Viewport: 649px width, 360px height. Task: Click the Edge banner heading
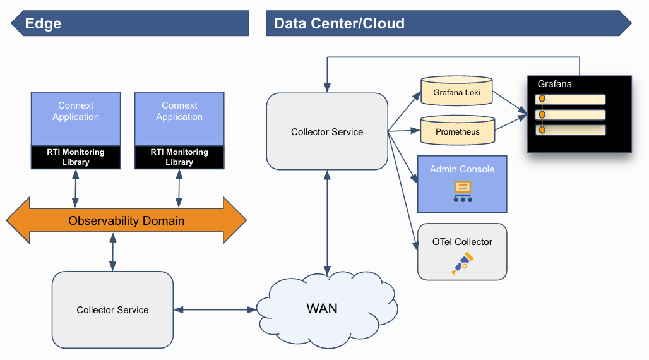[x=44, y=24]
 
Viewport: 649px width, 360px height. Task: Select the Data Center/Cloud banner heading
[x=339, y=24]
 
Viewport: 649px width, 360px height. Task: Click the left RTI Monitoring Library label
[x=76, y=157]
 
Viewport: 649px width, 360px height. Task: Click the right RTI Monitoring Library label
[x=179, y=157]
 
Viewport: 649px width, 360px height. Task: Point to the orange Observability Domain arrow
[x=126, y=220]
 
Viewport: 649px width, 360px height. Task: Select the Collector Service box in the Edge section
[x=112, y=310]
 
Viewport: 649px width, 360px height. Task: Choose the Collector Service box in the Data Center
[x=327, y=132]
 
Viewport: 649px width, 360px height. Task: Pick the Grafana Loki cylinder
[x=457, y=93]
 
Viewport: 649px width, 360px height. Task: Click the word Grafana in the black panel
[x=555, y=84]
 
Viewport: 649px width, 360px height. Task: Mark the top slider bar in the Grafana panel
[x=570, y=99]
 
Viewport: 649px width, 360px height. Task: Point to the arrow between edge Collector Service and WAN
[x=215, y=309]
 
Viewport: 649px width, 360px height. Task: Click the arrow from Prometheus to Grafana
[x=510, y=123]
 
